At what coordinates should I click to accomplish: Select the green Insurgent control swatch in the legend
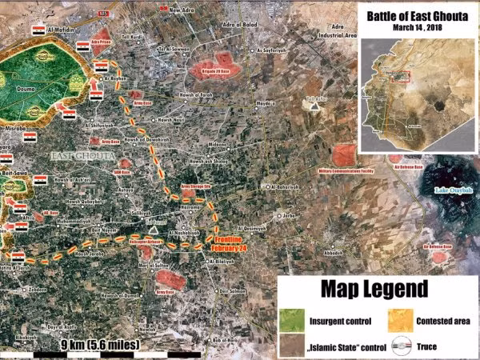(x=292, y=321)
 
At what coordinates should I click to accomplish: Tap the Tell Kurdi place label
(x=130, y=36)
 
